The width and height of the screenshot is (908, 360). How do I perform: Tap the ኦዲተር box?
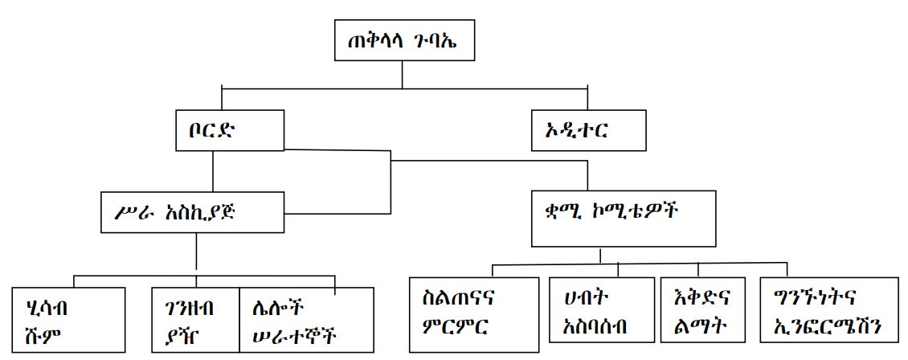coord(588,131)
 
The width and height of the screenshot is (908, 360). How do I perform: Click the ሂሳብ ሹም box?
coord(67,318)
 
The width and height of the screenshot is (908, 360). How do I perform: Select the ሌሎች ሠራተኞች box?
coord(306,320)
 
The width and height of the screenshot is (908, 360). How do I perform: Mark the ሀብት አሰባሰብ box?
coord(599,314)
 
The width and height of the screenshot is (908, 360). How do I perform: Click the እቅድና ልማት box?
coord(704,314)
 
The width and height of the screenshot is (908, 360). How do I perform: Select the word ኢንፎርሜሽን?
coord(828,328)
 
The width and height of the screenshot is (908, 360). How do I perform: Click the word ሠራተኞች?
coord(288,334)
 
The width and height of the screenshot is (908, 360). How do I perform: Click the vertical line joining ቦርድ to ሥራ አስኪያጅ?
coord(213,171)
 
